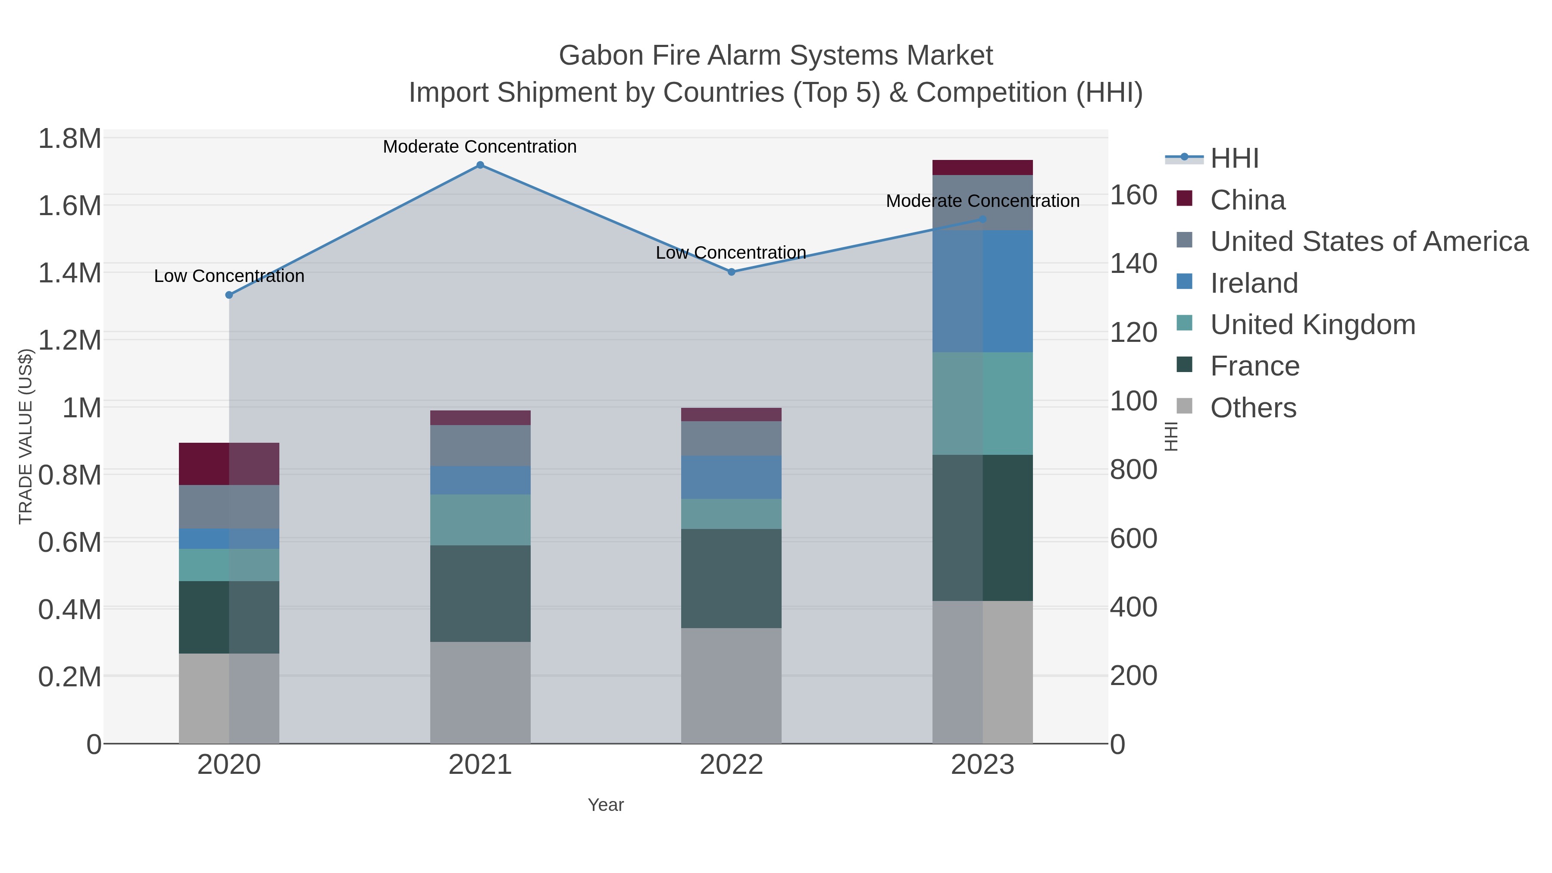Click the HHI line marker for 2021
[x=480, y=165]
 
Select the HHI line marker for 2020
[x=229, y=295]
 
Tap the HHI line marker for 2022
[x=732, y=272]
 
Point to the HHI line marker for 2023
[x=983, y=219]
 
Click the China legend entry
[x=1247, y=200]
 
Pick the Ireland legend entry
[x=1254, y=283]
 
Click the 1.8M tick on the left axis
[x=69, y=139]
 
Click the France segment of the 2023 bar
[x=983, y=527]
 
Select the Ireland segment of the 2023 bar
[x=983, y=291]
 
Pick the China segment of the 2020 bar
[x=229, y=464]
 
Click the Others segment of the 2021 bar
[x=480, y=692]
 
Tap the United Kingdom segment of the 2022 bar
[x=732, y=514]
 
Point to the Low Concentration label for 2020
[x=229, y=276]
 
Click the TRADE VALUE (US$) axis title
[x=26, y=436]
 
